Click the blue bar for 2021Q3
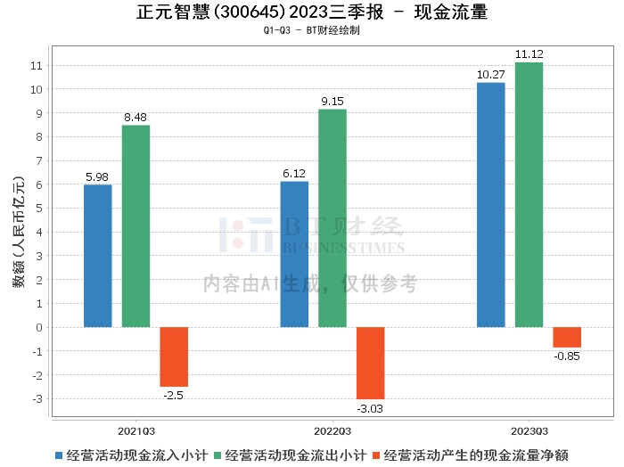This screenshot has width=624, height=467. point(97,256)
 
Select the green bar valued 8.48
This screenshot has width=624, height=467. point(135,226)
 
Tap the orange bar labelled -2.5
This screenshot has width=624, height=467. point(174,356)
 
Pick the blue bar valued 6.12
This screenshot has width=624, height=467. point(294,254)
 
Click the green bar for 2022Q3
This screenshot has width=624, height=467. point(333,218)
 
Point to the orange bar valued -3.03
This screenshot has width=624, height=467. point(371,363)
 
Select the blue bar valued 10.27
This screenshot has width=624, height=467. point(490,205)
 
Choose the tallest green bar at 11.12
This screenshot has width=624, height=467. point(529,194)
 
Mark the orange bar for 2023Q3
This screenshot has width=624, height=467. point(567,337)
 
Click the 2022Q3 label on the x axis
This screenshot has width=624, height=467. point(333,428)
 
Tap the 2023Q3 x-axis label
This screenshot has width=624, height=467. point(529,428)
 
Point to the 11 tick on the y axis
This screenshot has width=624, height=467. point(37,66)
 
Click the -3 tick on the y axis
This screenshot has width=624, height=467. point(37,398)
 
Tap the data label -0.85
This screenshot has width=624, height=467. point(567,356)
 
